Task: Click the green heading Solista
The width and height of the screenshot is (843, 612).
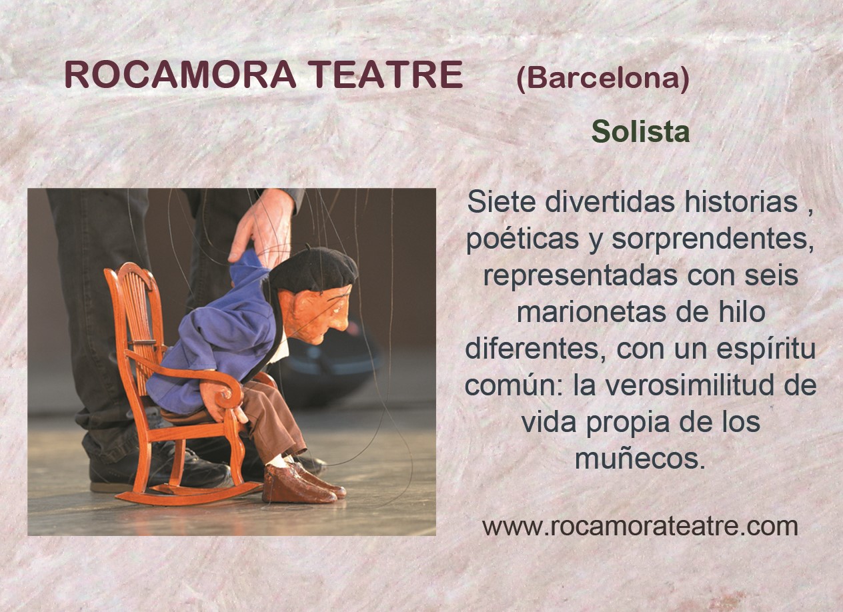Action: pos(640,131)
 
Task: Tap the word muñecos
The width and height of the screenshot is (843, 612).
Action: pos(640,459)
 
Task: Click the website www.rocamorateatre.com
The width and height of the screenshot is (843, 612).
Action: pos(640,526)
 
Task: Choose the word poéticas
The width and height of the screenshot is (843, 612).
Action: pos(523,239)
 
